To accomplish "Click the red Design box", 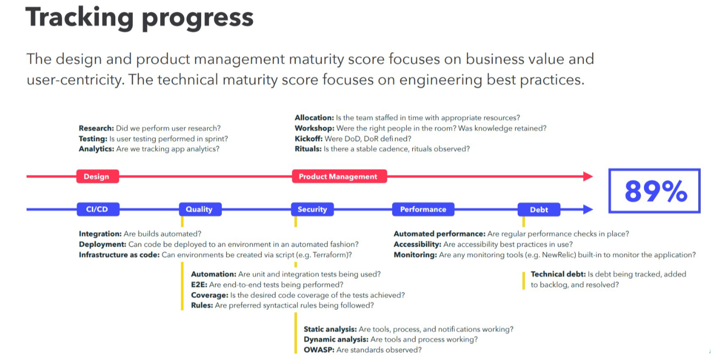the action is click(98, 177).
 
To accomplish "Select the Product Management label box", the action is click(339, 177).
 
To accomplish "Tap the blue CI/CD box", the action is click(98, 209).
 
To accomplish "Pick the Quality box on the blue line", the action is click(200, 209).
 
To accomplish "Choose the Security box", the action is click(313, 209).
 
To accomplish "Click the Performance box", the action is click(423, 209).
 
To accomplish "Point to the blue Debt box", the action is click(539, 210).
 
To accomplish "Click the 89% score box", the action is click(654, 191).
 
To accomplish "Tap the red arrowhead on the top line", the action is click(588, 177).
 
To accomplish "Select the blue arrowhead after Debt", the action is click(588, 209).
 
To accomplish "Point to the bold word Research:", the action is click(96, 128).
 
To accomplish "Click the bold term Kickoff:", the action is click(309, 139).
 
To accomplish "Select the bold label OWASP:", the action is click(319, 350).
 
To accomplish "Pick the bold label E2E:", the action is click(199, 285).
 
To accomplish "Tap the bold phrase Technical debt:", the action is click(558, 274).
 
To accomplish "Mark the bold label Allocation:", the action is click(315, 118).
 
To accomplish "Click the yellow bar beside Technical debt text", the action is click(524, 281).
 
